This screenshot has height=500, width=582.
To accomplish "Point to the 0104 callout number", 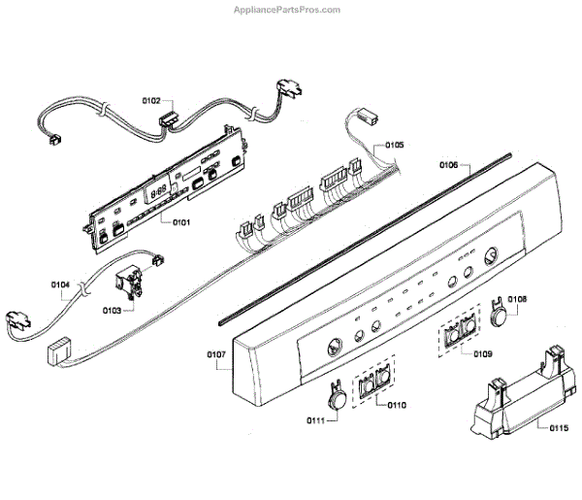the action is pyautogui.click(x=60, y=285).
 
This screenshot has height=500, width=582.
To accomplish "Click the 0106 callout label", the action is pyautogui.click(x=448, y=164).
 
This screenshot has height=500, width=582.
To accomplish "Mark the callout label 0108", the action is pyautogui.click(x=518, y=299).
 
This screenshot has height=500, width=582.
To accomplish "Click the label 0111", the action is pyautogui.click(x=316, y=418).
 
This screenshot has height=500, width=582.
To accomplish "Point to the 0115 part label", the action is pyautogui.click(x=557, y=427).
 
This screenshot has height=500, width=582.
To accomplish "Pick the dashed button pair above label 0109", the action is pyautogui.click(x=461, y=335).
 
